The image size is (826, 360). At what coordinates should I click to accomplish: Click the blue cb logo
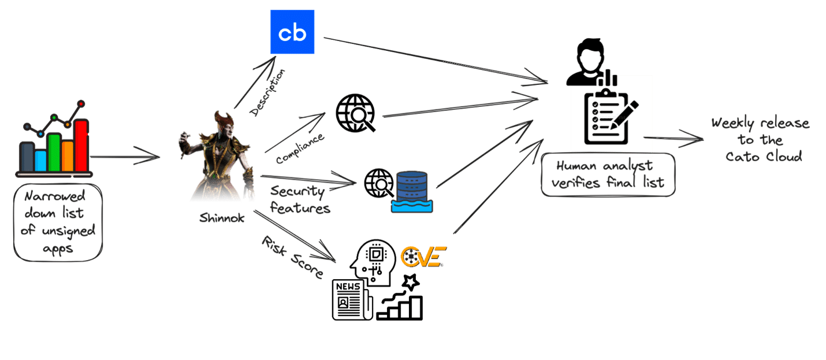coord(292,32)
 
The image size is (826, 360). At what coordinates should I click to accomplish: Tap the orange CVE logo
coord(423,256)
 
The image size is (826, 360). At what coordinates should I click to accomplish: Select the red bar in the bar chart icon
coord(81,146)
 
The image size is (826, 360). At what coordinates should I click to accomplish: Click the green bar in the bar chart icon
coord(54,152)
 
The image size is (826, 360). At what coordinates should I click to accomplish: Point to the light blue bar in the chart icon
coord(40,161)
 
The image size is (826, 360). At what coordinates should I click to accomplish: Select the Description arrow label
coord(267,92)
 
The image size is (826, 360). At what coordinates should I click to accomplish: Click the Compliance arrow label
coord(300,149)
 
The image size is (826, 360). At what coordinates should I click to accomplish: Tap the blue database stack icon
coord(412,190)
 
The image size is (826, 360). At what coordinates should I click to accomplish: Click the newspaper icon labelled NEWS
coord(352,299)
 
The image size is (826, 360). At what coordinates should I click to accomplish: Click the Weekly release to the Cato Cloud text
coord(760,139)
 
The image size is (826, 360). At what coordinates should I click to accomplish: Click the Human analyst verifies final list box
coord(608,175)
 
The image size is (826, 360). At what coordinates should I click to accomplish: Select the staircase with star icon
coord(401,300)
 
